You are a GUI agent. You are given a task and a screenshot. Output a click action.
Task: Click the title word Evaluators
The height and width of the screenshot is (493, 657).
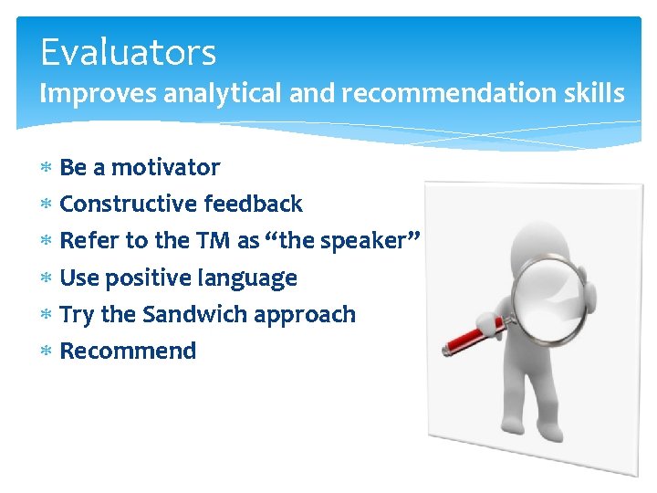(x=128, y=52)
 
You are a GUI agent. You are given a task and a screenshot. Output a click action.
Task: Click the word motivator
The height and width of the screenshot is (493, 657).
(x=165, y=168)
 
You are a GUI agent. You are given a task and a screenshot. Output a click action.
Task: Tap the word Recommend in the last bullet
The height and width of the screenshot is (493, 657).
(x=128, y=351)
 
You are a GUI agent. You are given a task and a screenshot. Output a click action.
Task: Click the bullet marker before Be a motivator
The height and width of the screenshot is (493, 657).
(x=47, y=168)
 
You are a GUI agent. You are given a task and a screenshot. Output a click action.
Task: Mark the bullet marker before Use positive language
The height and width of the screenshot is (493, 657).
(x=47, y=278)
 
